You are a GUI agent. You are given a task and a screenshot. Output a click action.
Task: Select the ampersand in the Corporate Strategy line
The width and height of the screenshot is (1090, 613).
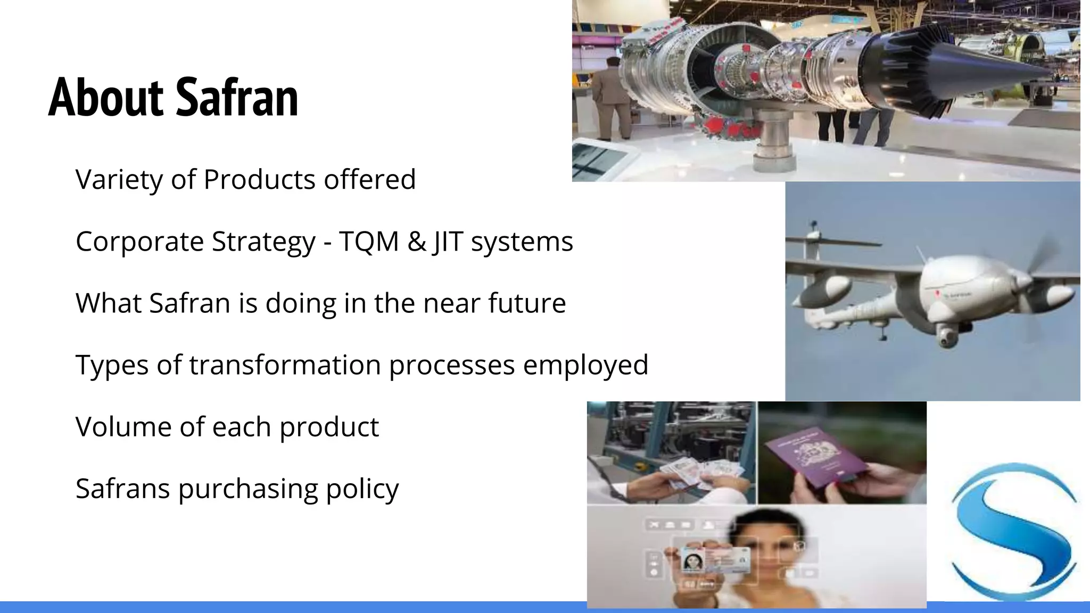416,242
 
